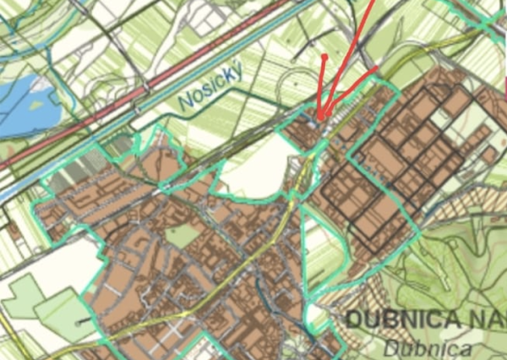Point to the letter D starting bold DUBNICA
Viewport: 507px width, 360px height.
point(354,321)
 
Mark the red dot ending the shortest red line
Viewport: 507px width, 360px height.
point(324,57)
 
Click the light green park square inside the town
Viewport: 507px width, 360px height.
point(182,236)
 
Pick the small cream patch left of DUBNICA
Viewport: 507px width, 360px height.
point(316,317)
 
